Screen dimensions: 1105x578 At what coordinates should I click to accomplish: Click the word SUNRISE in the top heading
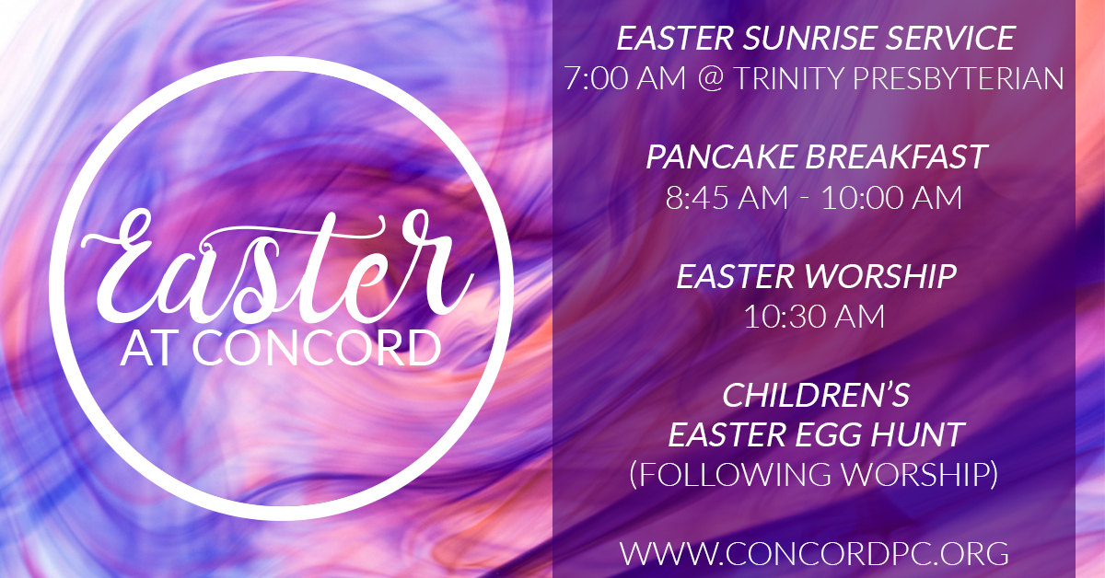pos(809,38)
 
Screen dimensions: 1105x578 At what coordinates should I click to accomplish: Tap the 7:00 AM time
pos(625,78)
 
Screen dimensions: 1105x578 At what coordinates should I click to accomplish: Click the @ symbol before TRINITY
pos(710,79)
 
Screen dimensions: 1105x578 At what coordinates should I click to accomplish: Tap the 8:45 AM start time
pos(727,197)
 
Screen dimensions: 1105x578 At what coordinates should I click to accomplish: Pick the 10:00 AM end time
pos(892,197)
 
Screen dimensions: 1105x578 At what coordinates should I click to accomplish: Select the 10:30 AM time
pos(814,316)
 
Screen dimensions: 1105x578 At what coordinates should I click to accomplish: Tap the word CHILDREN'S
pos(816,395)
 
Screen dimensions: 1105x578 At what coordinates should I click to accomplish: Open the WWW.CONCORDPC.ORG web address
pos(814,554)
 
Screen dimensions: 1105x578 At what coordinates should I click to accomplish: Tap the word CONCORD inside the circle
pos(317,349)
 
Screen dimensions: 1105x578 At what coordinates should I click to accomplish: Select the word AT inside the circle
pos(148,349)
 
